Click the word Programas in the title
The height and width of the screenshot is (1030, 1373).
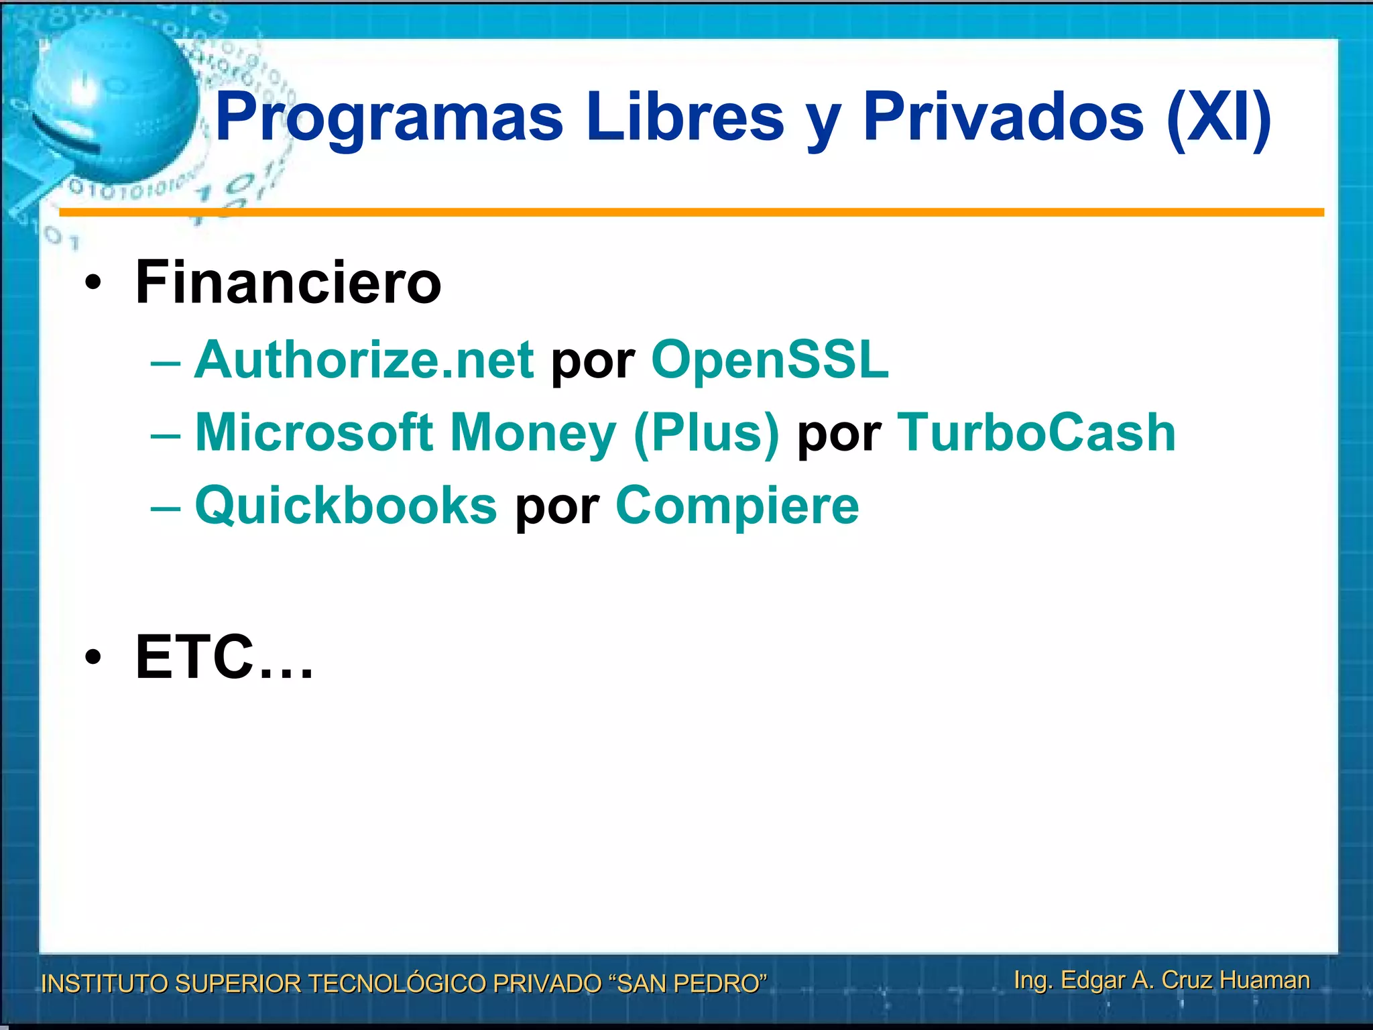pyautogui.click(x=389, y=118)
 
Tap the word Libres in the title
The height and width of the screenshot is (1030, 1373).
pyautogui.click(x=684, y=118)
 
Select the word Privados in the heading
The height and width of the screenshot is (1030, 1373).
pyautogui.click(x=1003, y=118)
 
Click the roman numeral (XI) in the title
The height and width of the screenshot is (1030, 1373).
pyautogui.click(x=1219, y=118)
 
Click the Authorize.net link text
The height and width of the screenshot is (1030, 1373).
pyautogui.click(x=364, y=360)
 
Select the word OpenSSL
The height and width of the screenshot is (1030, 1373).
pyautogui.click(x=770, y=360)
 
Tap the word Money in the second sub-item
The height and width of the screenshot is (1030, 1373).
pyautogui.click(x=532, y=433)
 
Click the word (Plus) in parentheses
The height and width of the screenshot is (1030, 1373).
pyautogui.click(x=707, y=433)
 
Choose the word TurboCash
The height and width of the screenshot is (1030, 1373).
pyautogui.click(x=1036, y=433)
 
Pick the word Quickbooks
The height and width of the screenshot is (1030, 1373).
pyautogui.click(x=346, y=506)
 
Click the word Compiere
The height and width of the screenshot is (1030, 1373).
pyautogui.click(x=737, y=506)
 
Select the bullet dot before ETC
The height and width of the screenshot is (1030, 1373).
pyautogui.click(x=93, y=659)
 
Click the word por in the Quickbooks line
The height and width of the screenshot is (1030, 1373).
pyautogui.click(x=556, y=508)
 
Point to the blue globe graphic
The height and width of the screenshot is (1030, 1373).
pyautogui.click(x=111, y=101)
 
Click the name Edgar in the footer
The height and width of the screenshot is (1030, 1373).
pyautogui.click(x=1093, y=980)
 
